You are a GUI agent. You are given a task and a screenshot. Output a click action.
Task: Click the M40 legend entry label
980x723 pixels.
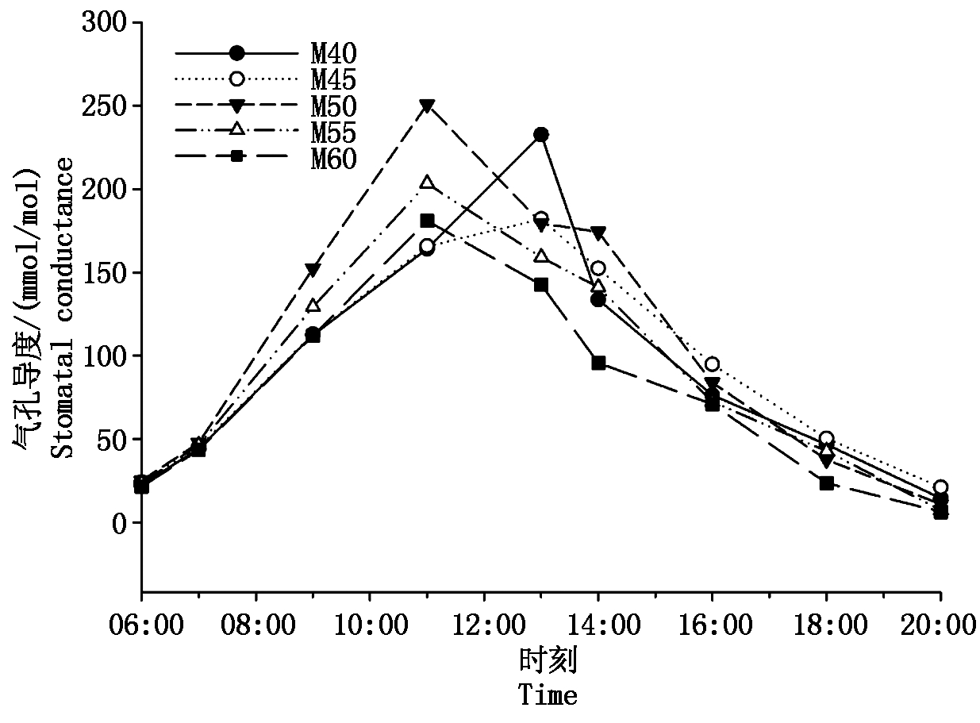pyautogui.click(x=333, y=53)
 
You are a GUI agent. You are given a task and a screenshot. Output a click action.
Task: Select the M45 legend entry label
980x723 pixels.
pyautogui.click(x=333, y=79)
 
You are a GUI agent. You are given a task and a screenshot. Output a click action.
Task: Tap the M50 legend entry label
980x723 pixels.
pyautogui.click(x=333, y=106)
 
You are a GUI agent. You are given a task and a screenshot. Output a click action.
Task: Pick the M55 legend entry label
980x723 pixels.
pyautogui.click(x=333, y=132)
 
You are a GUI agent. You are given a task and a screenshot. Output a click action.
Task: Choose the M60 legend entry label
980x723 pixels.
pyautogui.click(x=333, y=158)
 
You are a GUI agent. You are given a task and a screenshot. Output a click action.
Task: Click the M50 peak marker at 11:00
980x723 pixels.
pyautogui.click(x=427, y=106)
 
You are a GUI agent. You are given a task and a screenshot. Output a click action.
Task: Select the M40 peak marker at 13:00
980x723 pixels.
pyautogui.click(x=541, y=135)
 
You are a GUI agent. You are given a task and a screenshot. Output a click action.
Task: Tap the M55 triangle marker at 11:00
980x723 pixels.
pyautogui.click(x=427, y=183)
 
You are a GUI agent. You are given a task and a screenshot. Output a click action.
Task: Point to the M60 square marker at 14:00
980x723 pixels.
pyautogui.click(x=598, y=363)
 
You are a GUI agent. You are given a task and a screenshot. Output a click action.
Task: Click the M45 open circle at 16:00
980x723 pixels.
pyautogui.click(x=713, y=364)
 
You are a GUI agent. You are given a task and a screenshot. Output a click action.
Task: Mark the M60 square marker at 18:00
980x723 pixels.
pyautogui.click(x=827, y=483)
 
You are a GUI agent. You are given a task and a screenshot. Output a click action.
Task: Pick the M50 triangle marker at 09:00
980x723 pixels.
pyautogui.click(x=313, y=270)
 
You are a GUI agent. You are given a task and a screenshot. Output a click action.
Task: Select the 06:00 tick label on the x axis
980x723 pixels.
pyautogui.click(x=141, y=626)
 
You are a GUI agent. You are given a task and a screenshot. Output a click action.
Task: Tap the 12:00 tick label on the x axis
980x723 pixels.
pyautogui.click(x=484, y=626)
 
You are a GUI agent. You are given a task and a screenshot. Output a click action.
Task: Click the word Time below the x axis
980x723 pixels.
pyautogui.click(x=548, y=695)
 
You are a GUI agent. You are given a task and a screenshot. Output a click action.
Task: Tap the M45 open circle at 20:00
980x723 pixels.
pyautogui.click(x=941, y=487)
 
